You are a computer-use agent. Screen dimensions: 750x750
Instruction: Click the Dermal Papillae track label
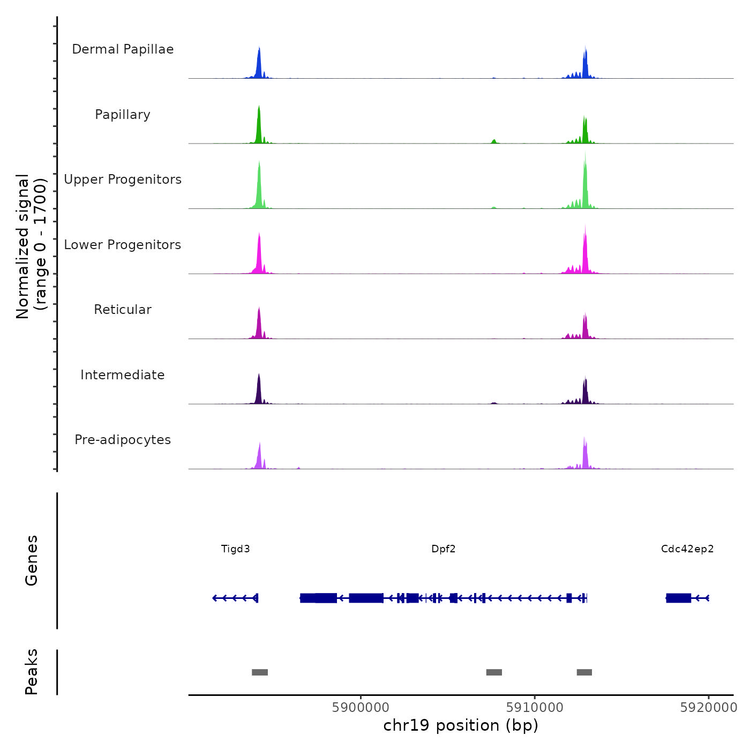click(123, 49)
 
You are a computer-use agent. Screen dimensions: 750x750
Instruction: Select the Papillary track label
click(123, 115)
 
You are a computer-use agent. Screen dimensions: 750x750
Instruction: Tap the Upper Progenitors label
click(123, 179)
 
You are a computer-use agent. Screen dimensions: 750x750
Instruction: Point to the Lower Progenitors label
click(123, 245)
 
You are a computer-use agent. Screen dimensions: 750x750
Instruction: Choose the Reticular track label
click(123, 310)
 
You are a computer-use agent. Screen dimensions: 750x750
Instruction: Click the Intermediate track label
click(123, 375)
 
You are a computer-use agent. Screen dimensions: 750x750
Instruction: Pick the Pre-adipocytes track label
click(123, 440)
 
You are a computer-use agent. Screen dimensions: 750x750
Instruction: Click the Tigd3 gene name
click(236, 549)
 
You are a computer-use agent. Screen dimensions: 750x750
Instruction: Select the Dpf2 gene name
click(444, 549)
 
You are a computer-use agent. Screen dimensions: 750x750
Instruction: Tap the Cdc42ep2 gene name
click(687, 549)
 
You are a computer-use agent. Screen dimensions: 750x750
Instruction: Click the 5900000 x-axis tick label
click(361, 708)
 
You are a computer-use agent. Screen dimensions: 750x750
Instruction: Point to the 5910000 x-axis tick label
click(535, 708)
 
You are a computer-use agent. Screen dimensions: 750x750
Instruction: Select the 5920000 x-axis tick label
click(709, 708)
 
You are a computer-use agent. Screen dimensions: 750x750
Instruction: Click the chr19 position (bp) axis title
click(461, 725)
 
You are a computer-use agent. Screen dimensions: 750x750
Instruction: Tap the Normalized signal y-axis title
click(31, 246)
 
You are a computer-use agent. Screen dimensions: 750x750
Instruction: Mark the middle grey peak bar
click(494, 672)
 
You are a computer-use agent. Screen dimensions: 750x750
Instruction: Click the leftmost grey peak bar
click(260, 672)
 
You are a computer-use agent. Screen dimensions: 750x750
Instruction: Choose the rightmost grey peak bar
click(584, 672)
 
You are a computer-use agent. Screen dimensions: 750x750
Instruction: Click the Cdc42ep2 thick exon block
click(678, 598)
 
